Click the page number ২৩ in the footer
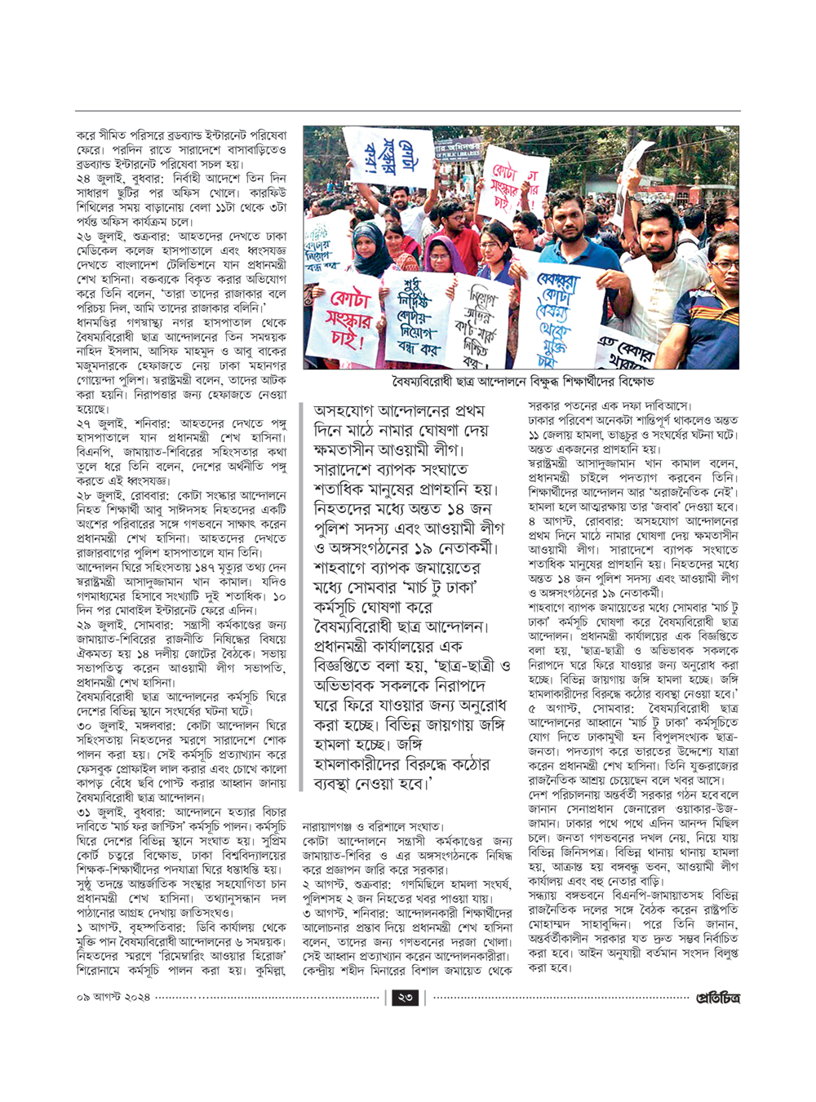pos(405,998)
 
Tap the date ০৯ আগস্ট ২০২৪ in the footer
pos(113,998)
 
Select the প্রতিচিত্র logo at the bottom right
pos(717,998)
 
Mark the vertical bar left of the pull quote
pos(305,596)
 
